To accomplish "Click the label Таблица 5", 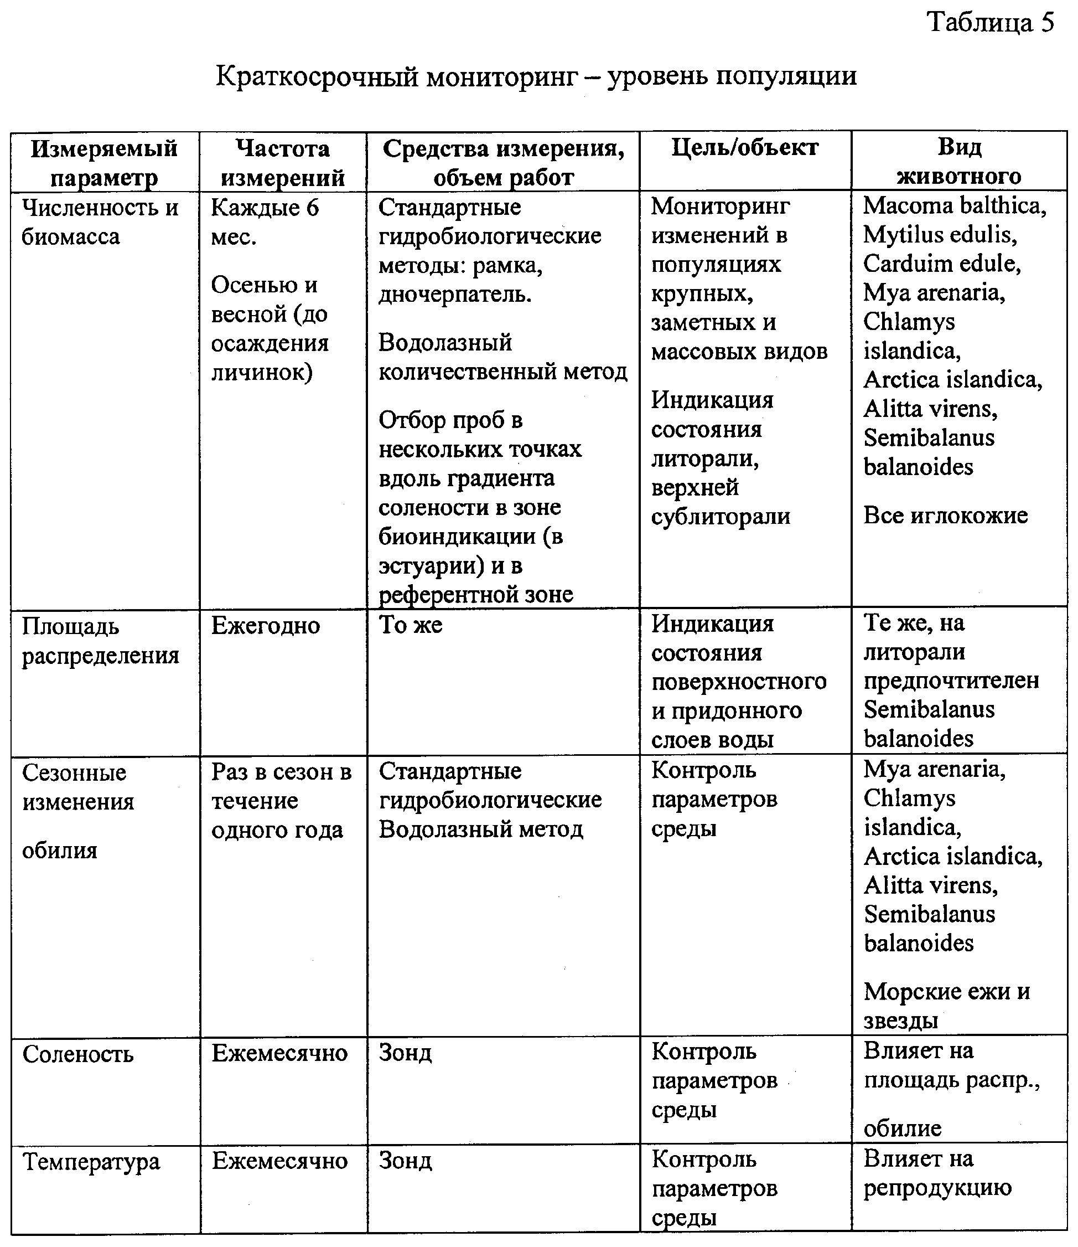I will (x=990, y=23).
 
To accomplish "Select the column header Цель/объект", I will (x=745, y=148).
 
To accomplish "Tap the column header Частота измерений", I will (x=282, y=162).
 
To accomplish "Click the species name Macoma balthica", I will (x=954, y=207).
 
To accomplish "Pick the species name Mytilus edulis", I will (x=940, y=235).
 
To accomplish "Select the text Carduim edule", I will (x=941, y=264).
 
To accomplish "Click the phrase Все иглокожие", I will (x=945, y=516).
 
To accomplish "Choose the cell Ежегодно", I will (x=265, y=626).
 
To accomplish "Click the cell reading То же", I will (x=410, y=625).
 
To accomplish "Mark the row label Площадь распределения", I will (x=101, y=641).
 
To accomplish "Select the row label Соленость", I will (x=77, y=1054).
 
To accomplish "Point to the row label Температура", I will (x=91, y=1162).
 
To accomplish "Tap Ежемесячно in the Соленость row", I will (x=279, y=1053).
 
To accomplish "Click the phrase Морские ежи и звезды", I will (x=946, y=1006).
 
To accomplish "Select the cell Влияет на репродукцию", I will (x=937, y=1173).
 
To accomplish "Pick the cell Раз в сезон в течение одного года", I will (x=281, y=801).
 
